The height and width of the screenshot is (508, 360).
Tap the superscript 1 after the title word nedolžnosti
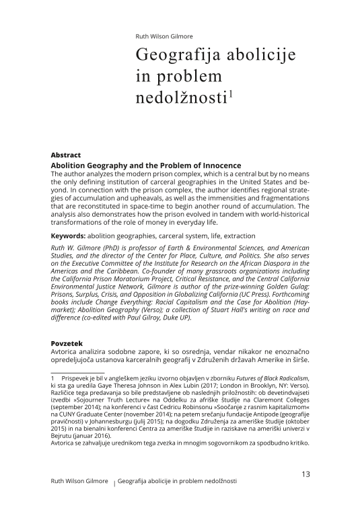[230, 94]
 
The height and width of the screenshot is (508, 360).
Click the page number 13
[305, 474]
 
